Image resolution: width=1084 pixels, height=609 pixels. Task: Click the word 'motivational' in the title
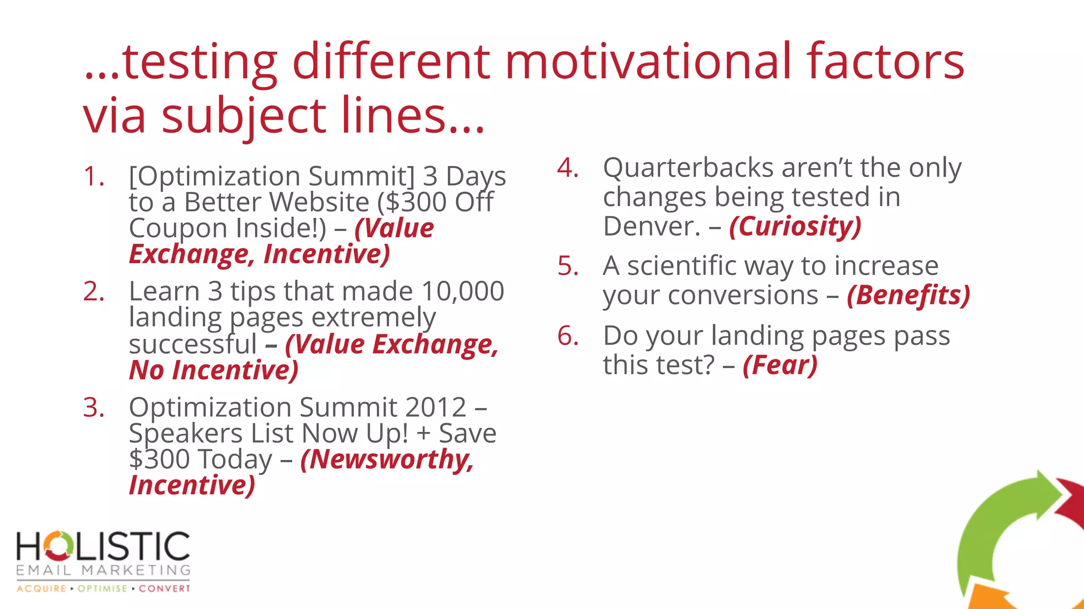coord(648,62)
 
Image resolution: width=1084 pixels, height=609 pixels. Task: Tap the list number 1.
coord(93,177)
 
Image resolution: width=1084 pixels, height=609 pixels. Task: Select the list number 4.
coord(567,168)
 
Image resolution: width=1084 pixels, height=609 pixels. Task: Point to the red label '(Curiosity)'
coord(795,226)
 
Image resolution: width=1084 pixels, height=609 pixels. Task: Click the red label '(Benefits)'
coord(908,295)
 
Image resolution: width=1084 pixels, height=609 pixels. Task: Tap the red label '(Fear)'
coord(780,365)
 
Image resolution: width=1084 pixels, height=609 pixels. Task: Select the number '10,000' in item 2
coord(463,291)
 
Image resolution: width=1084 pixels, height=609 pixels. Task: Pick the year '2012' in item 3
coord(435,408)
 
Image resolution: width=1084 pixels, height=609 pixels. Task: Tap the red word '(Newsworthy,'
coord(387,459)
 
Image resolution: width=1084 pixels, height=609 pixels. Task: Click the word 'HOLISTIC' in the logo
coord(103,547)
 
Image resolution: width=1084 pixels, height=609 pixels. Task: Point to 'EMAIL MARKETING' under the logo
coord(103,570)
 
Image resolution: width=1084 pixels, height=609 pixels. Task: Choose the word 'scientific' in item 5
coord(681,266)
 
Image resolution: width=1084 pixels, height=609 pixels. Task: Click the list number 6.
coord(567,336)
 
